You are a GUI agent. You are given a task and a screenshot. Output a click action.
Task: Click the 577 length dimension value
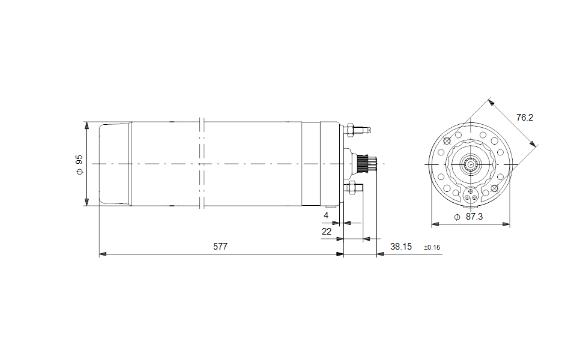pos(220,247)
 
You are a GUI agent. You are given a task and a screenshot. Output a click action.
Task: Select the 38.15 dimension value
pos(400,247)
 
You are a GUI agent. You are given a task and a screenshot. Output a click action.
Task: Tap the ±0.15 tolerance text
pos(432,247)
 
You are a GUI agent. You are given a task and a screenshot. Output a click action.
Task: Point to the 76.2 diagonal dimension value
pos(525,118)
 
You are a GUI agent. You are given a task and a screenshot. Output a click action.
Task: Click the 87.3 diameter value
pos(474,217)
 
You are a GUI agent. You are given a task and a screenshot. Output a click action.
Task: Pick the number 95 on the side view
pos(79,160)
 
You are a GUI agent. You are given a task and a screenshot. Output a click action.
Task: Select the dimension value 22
pos(327,232)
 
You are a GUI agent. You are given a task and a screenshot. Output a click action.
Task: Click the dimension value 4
pos(326,215)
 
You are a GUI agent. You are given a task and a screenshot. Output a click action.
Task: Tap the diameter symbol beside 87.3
pos(457,217)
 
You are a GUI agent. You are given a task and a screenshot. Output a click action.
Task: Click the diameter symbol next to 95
pos(79,172)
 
